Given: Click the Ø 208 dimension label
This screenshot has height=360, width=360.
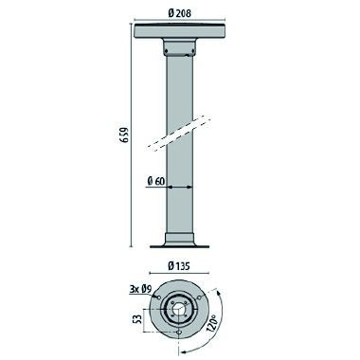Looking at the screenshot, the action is (179, 13).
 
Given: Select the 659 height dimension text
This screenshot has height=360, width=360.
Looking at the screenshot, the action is (125, 135).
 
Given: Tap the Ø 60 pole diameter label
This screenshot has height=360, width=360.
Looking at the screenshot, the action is (156, 181).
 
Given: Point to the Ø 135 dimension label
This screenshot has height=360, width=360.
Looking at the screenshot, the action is (179, 266).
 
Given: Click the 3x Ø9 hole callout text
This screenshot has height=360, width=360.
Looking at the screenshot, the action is (141, 288).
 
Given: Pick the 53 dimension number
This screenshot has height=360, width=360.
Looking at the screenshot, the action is (138, 320).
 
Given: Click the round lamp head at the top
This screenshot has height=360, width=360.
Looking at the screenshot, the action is (179, 30).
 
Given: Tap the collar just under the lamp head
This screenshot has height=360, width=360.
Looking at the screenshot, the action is (179, 47).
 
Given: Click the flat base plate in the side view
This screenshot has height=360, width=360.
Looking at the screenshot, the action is (179, 245).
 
